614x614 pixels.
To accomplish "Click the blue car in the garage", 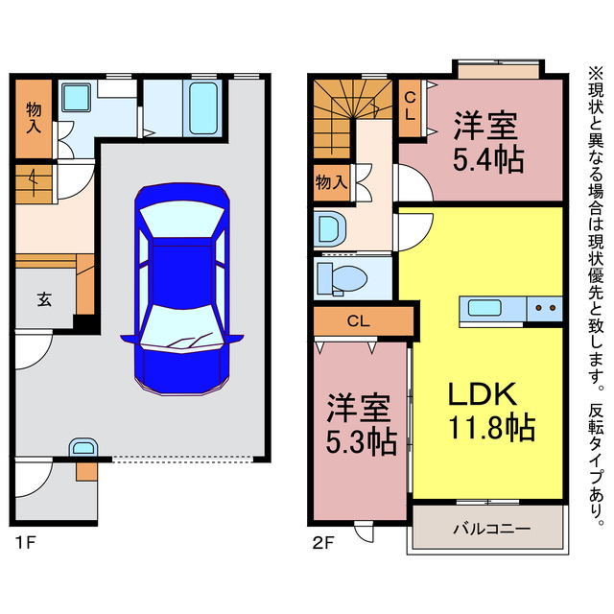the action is click(x=182, y=289).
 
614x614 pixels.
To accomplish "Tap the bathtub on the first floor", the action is click(x=203, y=108).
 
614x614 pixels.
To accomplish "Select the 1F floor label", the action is click(x=26, y=543).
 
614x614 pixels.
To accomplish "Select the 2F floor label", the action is click(x=323, y=543).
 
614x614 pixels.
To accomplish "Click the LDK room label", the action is click(x=482, y=394).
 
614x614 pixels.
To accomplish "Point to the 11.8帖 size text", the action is click(x=491, y=428).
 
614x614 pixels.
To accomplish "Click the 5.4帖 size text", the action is click(x=488, y=159).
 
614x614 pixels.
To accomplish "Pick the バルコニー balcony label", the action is click(x=492, y=529).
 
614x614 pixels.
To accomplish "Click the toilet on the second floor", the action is click(x=342, y=278).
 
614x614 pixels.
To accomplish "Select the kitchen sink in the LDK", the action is click(x=484, y=308).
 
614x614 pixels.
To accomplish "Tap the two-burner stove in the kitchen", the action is click(x=545, y=309).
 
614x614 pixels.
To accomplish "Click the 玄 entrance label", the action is click(x=44, y=299).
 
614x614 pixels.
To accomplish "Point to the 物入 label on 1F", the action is click(x=34, y=118).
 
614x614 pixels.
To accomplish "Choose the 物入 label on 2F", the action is click(x=331, y=182).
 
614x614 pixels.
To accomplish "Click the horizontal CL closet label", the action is click(x=358, y=321).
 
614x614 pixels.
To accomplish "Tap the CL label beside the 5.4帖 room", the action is click(x=410, y=106).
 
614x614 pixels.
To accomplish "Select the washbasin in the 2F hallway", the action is click(x=330, y=228).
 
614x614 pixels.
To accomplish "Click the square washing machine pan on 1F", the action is click(x=76, y=97).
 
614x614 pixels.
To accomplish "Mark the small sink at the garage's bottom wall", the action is click(x=83, y=447).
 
